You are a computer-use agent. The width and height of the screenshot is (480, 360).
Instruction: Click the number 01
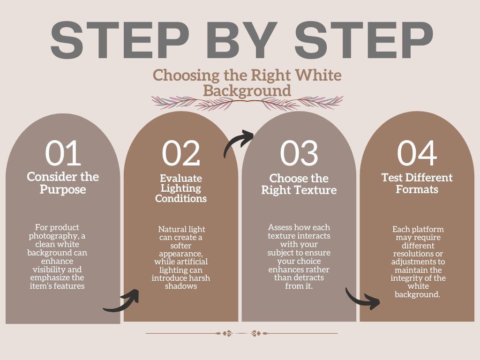63,153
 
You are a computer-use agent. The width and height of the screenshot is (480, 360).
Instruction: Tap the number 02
181,153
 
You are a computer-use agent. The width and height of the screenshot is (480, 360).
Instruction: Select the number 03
299,153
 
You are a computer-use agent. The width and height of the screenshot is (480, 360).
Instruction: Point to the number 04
417,153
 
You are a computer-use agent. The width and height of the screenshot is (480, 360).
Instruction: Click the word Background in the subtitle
247,90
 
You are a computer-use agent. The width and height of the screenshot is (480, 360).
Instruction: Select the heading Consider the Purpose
63,183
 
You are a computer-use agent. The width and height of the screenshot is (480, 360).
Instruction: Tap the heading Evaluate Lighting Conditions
181,188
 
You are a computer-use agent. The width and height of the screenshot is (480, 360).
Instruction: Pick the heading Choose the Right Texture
299,184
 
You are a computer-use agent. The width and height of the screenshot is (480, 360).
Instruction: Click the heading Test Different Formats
417,183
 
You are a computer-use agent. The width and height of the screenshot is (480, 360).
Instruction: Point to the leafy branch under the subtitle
247,103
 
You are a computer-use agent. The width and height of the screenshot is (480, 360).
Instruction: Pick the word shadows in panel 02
181,286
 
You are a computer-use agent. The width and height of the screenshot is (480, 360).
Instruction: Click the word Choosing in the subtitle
186,75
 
